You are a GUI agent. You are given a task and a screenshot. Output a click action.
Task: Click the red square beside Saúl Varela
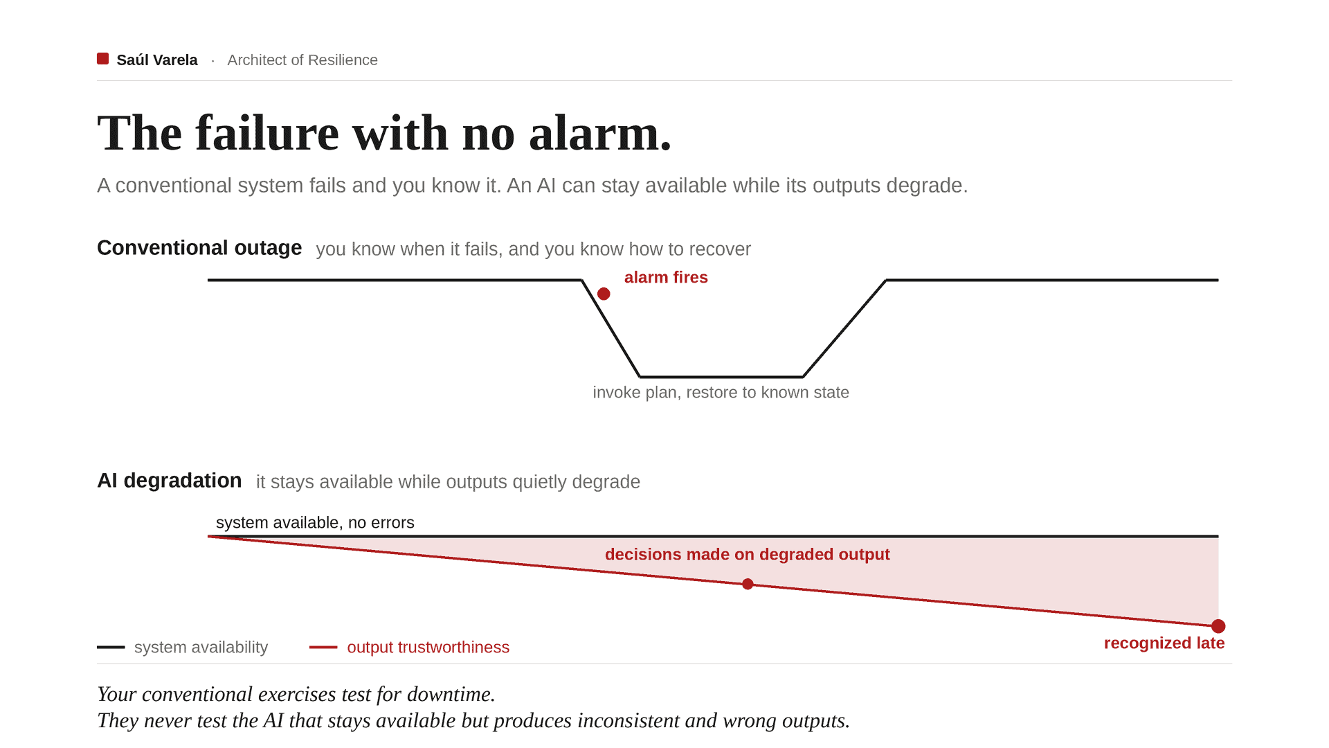pos(102,59)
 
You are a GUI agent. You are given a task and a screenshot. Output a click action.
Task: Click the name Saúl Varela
pos(157,60)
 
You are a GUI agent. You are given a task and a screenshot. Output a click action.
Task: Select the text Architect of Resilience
pos(302,60)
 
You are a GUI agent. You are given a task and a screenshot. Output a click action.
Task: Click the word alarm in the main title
pos(600,133)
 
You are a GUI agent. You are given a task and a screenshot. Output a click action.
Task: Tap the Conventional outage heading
pos(199,248)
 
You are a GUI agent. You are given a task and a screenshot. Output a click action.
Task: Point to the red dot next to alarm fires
pos(604,294)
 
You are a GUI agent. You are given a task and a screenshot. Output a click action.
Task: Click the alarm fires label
pos(666,278)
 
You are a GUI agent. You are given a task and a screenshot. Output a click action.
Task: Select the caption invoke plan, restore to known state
pos(721,393)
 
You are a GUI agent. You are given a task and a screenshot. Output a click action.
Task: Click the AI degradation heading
pos(170,481)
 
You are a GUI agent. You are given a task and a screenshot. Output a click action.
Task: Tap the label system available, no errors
pos(315,523)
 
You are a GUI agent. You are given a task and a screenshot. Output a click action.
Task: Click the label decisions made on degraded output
pos(748,555)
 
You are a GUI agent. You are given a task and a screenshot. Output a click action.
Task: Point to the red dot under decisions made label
pos(748,585)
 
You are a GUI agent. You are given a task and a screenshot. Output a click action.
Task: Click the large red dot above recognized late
pos(1218,626)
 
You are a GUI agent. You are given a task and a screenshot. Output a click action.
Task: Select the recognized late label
pos(1164,643)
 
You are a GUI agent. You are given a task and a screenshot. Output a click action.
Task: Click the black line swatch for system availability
pos(111,648)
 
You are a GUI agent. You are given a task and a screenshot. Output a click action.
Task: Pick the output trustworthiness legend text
pos(428,648)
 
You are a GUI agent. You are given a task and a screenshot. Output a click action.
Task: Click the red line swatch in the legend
pos(323,648)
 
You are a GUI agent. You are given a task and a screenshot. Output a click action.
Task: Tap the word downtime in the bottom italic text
pos(451,694)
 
